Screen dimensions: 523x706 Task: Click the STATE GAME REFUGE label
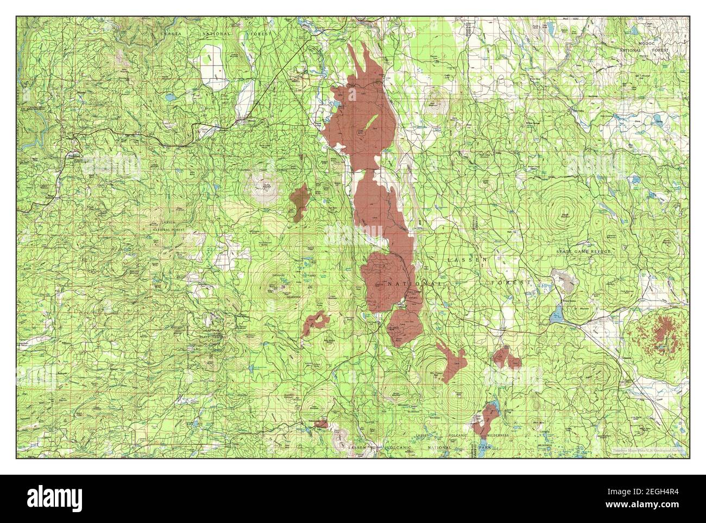point(583,252)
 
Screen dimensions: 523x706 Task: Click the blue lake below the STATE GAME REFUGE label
point(557,316)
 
